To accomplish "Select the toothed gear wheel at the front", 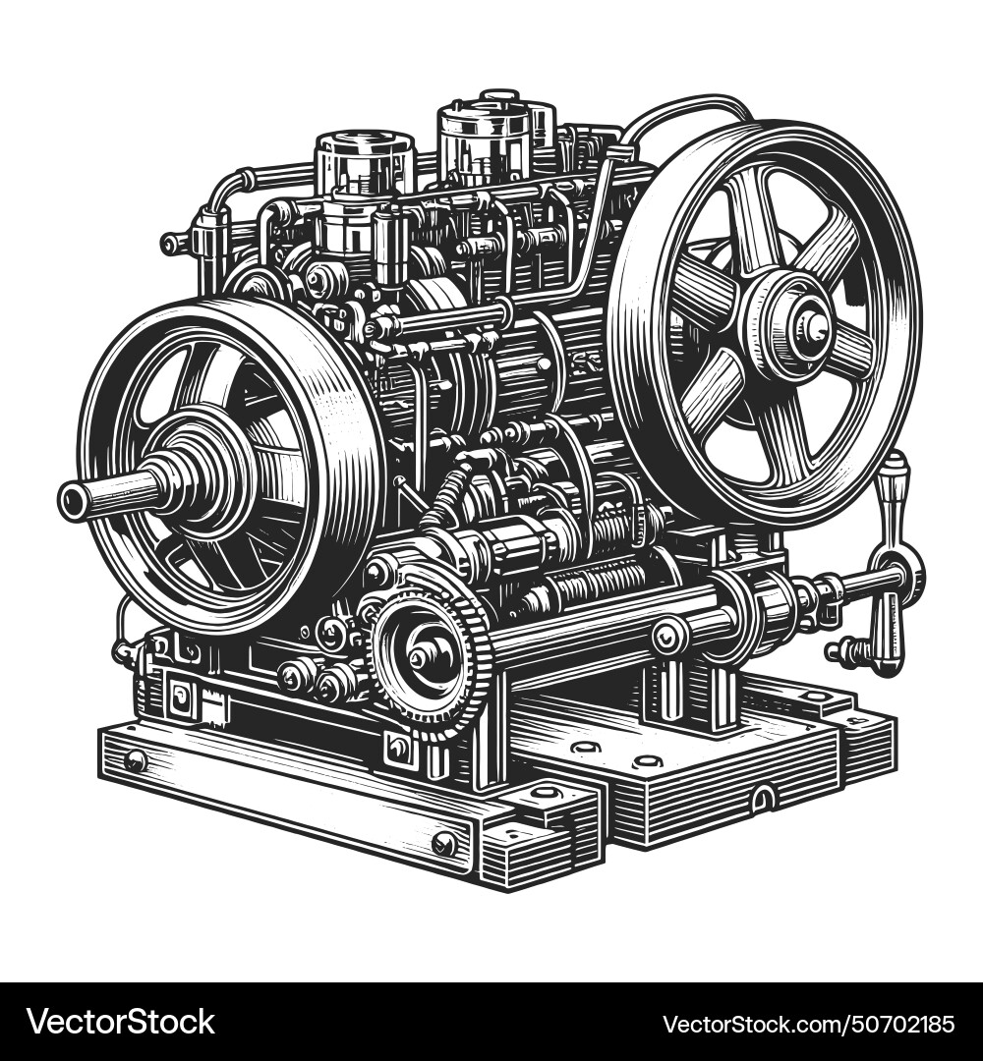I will pos(434,659).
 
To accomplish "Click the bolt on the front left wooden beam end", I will pos(136,760).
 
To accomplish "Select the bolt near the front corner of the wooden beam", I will pos(444,843).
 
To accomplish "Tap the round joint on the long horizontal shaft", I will pos(669,636).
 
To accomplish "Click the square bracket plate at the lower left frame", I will pos(182,699).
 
